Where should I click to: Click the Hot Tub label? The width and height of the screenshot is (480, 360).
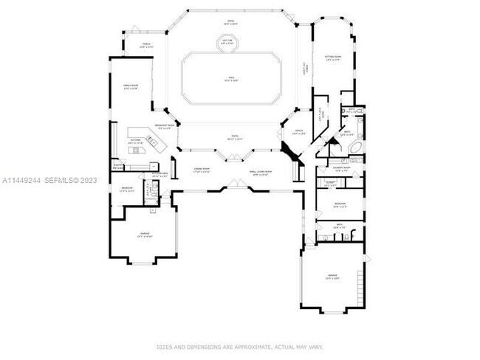point(228,43)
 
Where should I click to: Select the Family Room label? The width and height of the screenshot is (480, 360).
point(131,89)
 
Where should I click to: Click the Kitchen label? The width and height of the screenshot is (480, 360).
point(135,142)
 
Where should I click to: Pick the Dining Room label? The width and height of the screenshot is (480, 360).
point(202,170)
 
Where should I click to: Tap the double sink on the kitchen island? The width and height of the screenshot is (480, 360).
point(135,151)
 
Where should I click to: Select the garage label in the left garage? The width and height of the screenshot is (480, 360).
point(145,235)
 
